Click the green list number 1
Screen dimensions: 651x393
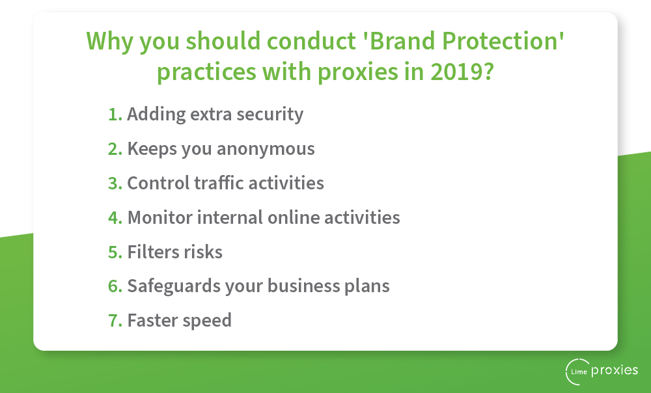coord(115,114)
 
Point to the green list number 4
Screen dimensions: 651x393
coord(115,217)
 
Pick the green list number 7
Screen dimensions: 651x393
coord(115,320)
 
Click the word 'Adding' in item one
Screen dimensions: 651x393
coord(156,114)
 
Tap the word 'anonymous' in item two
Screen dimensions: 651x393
coord(266,149)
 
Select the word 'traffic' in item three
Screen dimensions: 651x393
coord(219,183)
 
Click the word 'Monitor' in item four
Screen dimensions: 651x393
coord(160,217)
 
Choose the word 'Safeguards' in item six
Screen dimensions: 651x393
coord(174,286)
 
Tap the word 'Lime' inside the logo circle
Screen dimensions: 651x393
coord(579,372)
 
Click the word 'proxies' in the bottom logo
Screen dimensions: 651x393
coord(615,371)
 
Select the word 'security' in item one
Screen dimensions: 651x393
coord(270,115)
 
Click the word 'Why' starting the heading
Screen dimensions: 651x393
coord(109,42)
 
